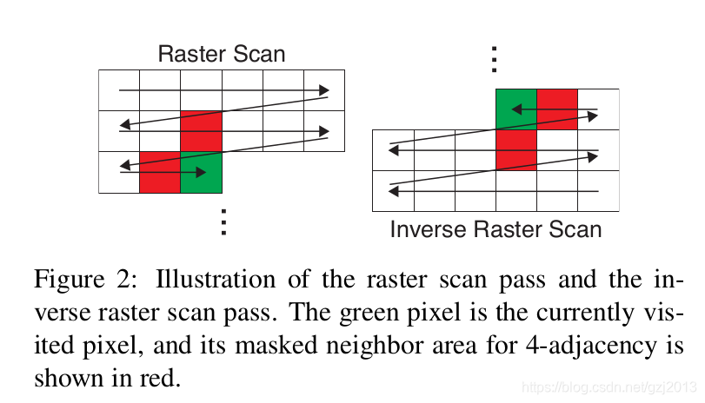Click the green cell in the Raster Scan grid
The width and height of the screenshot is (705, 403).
pyautogui.click(x=202, y=172)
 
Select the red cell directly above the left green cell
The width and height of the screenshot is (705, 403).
pyautogui.click(x=202, y=131)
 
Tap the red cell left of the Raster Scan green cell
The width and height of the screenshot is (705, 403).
pyautogui.click(x=160, y=172)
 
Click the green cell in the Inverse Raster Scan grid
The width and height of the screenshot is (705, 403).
pyautogui.click(x=515, y=109)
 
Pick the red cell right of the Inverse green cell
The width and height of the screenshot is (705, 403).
pyautogui.click(x=557, y=109)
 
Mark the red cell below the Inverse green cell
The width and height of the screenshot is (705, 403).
pyautogui.click(x=515, y=150)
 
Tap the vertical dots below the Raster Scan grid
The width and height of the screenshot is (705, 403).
pyautogui.click(x=223, y=221)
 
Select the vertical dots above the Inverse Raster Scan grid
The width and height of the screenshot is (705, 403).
pyautogui.click(x=494, y=58)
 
